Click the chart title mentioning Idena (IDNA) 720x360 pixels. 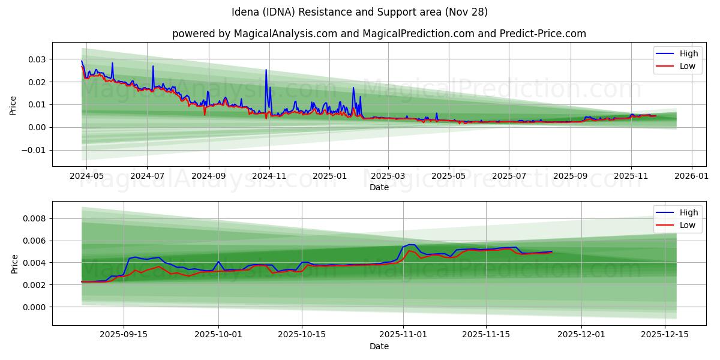[x=359, y=12]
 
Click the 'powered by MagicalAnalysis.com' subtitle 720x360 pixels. [x=379, y=34]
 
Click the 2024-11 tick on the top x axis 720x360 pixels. [x=269, y=176]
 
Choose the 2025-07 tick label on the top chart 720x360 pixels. [x=509, y=176]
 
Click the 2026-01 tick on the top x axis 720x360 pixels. [x=692, y=176]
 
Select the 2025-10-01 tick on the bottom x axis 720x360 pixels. [x=218, y=335]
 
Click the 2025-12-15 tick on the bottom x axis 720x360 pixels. [x=665, y=335]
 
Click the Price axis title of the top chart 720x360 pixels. [x=13, y=104]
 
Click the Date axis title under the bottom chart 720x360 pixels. [x=379, y=346]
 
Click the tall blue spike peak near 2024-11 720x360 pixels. [x=266, y=70]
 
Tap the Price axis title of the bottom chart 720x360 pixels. [x=13, y=263]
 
